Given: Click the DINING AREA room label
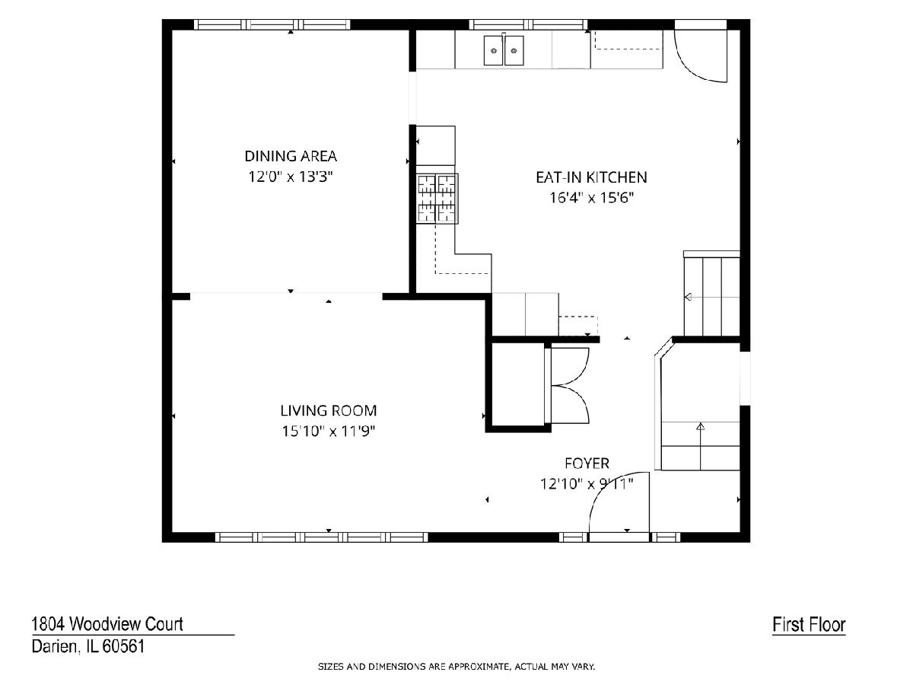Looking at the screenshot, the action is (291, 156).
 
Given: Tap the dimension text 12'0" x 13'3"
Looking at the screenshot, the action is (291, 177).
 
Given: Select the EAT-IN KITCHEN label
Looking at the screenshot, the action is (591, 177).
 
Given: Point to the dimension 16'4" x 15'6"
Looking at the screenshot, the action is (591, 198).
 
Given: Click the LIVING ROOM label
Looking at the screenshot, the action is (328, 410).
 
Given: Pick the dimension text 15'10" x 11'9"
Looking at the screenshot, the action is (328, 432).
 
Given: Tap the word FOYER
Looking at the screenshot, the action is (587, 463).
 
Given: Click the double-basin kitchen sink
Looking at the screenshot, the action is (504, 50).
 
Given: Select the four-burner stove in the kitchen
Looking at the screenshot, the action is (437, 199).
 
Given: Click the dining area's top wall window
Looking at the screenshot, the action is (272, 24).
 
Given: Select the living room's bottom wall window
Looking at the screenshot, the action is (322, 537).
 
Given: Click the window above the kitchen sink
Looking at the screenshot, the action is (528, 24).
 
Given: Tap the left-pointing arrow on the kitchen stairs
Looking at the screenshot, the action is (688, 297).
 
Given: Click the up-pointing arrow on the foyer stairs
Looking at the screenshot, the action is (701, 426).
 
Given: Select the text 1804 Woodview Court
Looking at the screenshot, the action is (107, 624).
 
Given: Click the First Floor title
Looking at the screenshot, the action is (809, 625).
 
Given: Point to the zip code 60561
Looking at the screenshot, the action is (124, 646).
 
